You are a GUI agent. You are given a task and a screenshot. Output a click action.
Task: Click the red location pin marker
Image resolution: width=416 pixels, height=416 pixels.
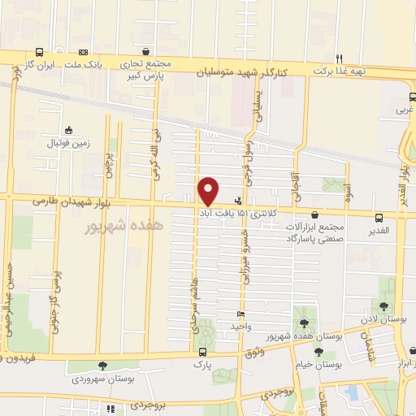click(208, 190)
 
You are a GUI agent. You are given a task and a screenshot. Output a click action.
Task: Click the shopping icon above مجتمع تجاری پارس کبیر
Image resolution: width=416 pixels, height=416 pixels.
click(145, 50)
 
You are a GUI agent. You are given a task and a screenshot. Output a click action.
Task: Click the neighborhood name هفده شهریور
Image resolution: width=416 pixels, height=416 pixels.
click(124, 225)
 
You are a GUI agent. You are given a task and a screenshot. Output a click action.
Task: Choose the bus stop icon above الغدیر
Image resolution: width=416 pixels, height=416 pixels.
click(379, 217)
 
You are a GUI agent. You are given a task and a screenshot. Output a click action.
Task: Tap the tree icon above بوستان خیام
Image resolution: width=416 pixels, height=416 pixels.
click(318, 352)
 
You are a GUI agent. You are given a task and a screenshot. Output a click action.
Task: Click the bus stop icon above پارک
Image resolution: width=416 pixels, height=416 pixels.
click(202, 353)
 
